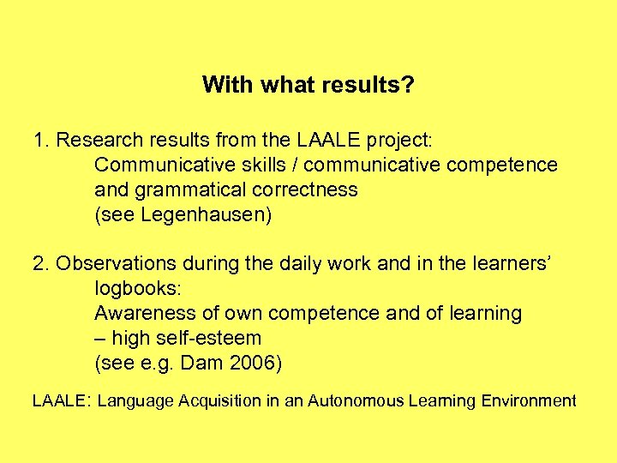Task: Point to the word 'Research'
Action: [95, 140]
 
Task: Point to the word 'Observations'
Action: [114, 264]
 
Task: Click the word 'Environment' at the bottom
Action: [529, 400]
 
